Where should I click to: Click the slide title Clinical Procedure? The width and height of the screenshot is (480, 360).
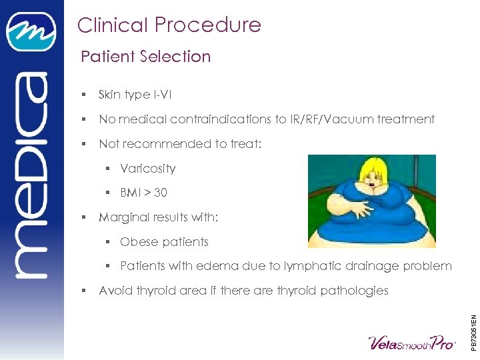point(169,25)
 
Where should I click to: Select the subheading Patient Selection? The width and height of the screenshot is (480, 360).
point(145,57)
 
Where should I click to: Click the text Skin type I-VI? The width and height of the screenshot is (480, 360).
point(135,95)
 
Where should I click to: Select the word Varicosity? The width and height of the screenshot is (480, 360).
point(147,168)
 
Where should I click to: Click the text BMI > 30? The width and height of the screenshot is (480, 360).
point(143,193)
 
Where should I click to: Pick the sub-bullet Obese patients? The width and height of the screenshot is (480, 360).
point(164,241)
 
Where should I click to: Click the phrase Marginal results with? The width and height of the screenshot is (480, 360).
point(158,217)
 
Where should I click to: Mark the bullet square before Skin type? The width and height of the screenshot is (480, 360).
point(83,95)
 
